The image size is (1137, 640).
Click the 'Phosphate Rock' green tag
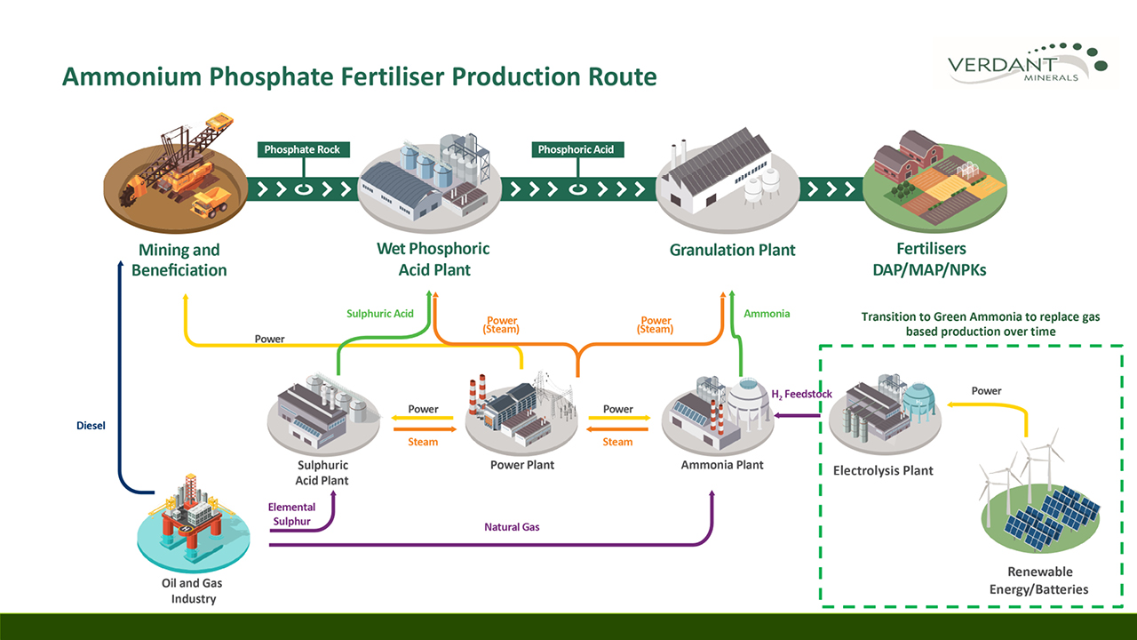302,149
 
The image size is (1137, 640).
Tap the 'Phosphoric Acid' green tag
576,149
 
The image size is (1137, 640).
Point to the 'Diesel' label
91,426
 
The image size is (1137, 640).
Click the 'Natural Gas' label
512,527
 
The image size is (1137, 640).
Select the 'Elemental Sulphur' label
292,514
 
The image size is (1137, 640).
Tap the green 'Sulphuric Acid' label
379,314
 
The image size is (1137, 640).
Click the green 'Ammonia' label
767,314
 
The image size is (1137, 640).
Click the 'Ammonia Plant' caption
722,465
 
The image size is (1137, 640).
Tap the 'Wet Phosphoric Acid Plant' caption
433,259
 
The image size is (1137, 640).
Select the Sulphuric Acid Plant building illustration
323,412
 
